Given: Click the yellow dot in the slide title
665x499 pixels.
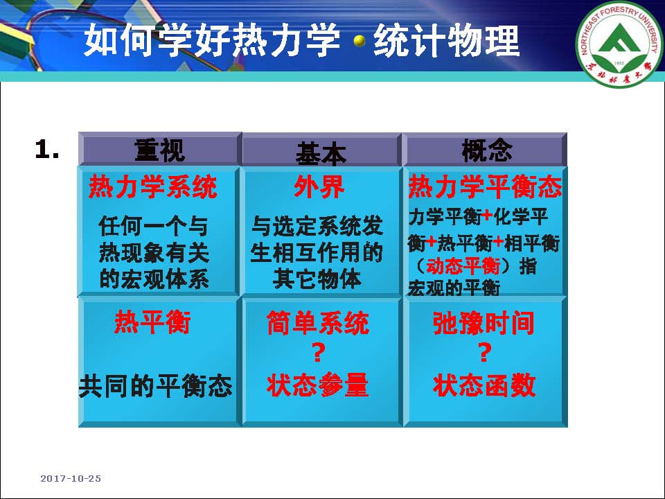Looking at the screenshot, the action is tap(360, 41).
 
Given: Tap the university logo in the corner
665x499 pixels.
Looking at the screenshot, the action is tap(619, 44).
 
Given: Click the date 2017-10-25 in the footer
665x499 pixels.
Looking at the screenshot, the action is tap(71, 479).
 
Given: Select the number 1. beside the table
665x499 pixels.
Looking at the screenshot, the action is tap(47, 150).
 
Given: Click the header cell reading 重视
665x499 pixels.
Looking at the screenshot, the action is tap(160, 150).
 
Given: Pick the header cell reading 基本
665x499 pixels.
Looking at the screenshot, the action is tap(321, 150).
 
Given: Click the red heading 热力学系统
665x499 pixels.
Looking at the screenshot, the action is tap(152, 186).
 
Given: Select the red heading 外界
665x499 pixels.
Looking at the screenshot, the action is tap(319, 186).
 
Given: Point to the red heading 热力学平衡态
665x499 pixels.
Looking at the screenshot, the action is tap(485, 186).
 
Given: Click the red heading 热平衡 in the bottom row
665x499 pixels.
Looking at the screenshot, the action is tap(152, 322).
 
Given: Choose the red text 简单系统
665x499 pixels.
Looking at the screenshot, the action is tap(318, 323).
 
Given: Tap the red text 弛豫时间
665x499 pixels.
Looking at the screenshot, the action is tap(484, 323).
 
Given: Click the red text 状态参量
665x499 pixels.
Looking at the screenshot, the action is tap(318, 385).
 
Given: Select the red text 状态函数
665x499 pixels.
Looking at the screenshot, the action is tap(484, 385).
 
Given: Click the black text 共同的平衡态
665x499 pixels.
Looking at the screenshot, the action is tap(156, 386).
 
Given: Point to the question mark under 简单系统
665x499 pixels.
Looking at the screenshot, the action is tap(319, 353).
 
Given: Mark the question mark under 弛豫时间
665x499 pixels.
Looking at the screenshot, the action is tap(485, 353).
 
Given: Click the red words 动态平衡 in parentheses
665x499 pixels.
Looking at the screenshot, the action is tap(463, 266).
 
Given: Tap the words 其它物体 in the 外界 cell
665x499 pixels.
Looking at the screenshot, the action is tap(317, 279).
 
